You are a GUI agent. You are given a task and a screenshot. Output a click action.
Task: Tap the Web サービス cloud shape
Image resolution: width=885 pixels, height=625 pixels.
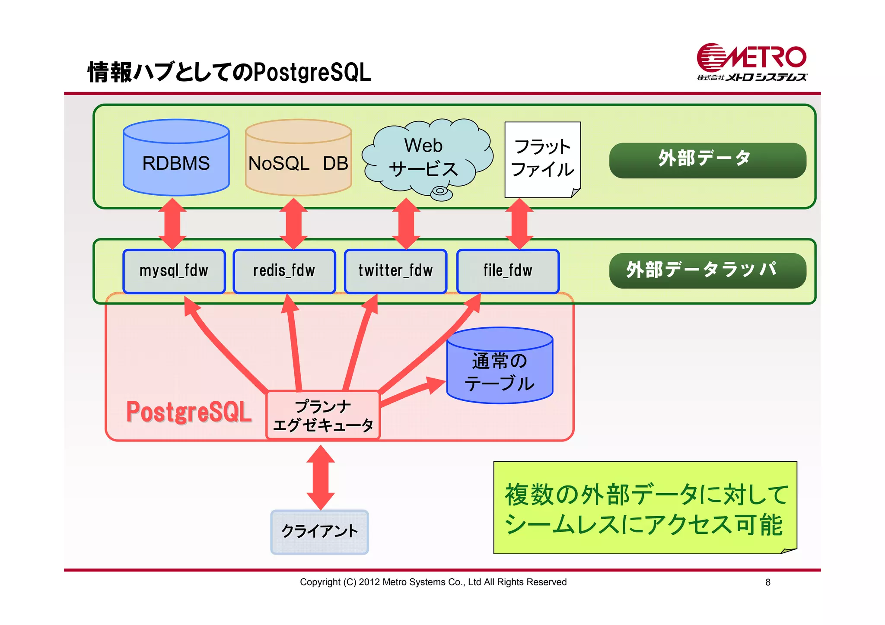point(426,158)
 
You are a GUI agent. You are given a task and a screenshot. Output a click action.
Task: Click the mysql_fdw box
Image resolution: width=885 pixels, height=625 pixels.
point(174,271)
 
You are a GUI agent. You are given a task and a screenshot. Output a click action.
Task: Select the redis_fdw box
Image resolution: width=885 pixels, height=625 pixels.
point(284,271)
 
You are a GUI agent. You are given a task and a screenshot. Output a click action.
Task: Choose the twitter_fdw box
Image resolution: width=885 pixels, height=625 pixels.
point(395,271)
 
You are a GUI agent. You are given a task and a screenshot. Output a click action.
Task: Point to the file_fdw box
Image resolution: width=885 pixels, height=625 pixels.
point(508,271)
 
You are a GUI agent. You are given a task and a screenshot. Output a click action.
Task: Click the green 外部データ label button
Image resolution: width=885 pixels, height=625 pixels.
point(707,160)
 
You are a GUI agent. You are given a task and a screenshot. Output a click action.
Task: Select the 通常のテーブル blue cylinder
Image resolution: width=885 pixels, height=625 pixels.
point(500,367)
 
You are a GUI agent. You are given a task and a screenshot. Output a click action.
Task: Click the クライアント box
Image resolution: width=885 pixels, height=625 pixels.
point(319,532)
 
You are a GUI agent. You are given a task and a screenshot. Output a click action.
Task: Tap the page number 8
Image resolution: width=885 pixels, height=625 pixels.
point(767,582)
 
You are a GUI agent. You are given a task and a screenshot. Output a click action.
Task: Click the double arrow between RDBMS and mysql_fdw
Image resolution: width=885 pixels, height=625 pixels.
point(172,224)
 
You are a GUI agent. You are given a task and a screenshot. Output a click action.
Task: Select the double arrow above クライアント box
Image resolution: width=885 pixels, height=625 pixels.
point(320,477)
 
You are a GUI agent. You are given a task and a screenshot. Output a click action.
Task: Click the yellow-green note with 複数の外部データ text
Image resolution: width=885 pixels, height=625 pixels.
point(645,508)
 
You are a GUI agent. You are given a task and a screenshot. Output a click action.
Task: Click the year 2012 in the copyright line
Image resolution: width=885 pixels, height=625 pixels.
point(369,582)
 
